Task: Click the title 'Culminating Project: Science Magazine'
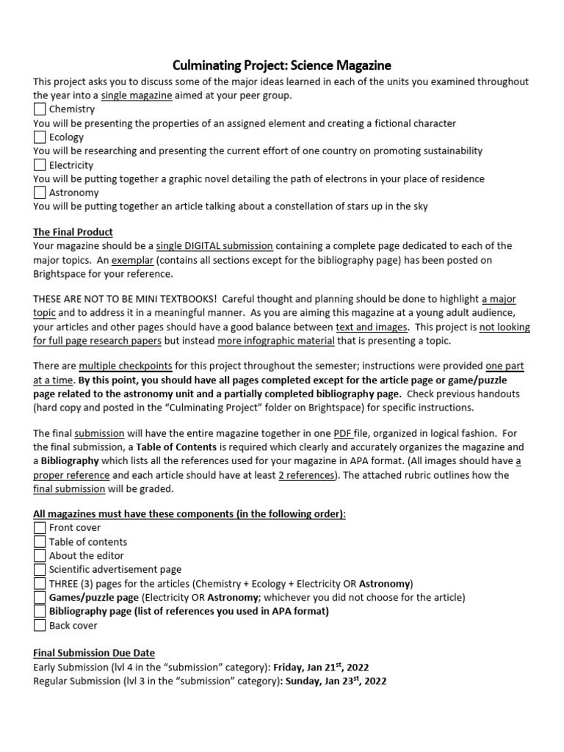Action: tap(281, 65)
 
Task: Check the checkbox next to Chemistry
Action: tap(40, 109)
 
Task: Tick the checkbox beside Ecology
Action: tap(40, 137)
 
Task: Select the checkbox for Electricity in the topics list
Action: tap(40, 164)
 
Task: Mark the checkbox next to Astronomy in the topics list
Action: tap(40, 192)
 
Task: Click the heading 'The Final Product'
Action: tap(73, 231)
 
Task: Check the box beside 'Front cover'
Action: tap(40, 527)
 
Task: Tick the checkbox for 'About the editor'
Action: tap(40, 555)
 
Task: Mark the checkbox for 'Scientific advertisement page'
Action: tap(40, 569)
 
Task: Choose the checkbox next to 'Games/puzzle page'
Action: tap(40, 597)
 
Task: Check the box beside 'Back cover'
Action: tap(40, 625)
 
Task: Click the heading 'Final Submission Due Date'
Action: tap(94, 653)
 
